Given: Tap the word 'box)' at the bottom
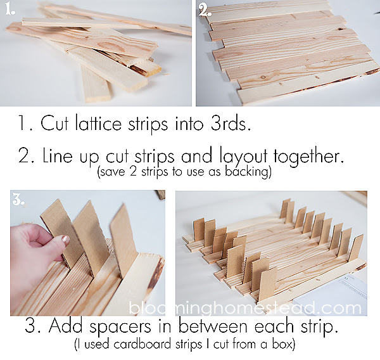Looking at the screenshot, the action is pos(284,345).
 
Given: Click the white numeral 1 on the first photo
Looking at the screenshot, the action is pos(10,10).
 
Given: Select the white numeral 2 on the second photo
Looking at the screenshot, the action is pos(205,10).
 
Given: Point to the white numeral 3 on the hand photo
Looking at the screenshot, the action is pos(18,201).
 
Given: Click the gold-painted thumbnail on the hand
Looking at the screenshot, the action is pos(65,240).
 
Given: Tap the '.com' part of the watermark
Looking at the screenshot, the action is pos(340,308).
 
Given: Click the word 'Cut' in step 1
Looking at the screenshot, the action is pos(54,123).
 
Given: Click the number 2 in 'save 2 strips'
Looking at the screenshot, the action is pos(134,172).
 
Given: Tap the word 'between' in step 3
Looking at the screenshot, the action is pos(214,326).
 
